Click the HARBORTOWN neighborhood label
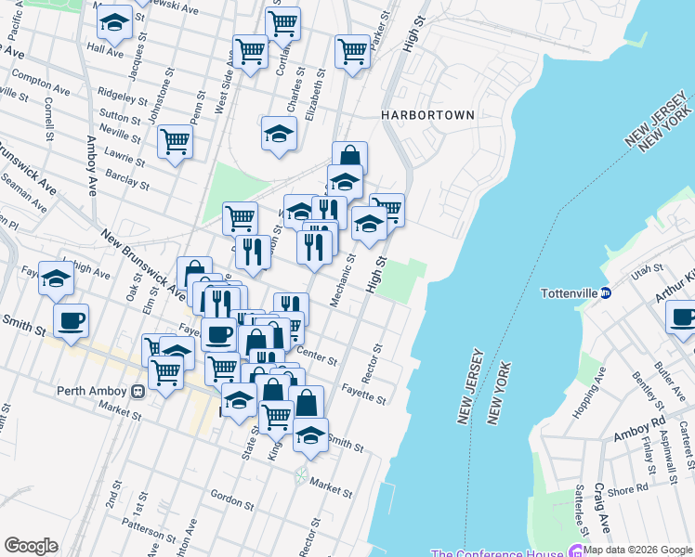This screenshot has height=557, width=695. pos(427,114)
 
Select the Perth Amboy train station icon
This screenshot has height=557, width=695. pos(137,391)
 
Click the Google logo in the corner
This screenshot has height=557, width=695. pos(31,546)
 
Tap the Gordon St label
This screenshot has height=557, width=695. pos(229,496)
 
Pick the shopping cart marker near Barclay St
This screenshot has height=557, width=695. pos(175,142)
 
